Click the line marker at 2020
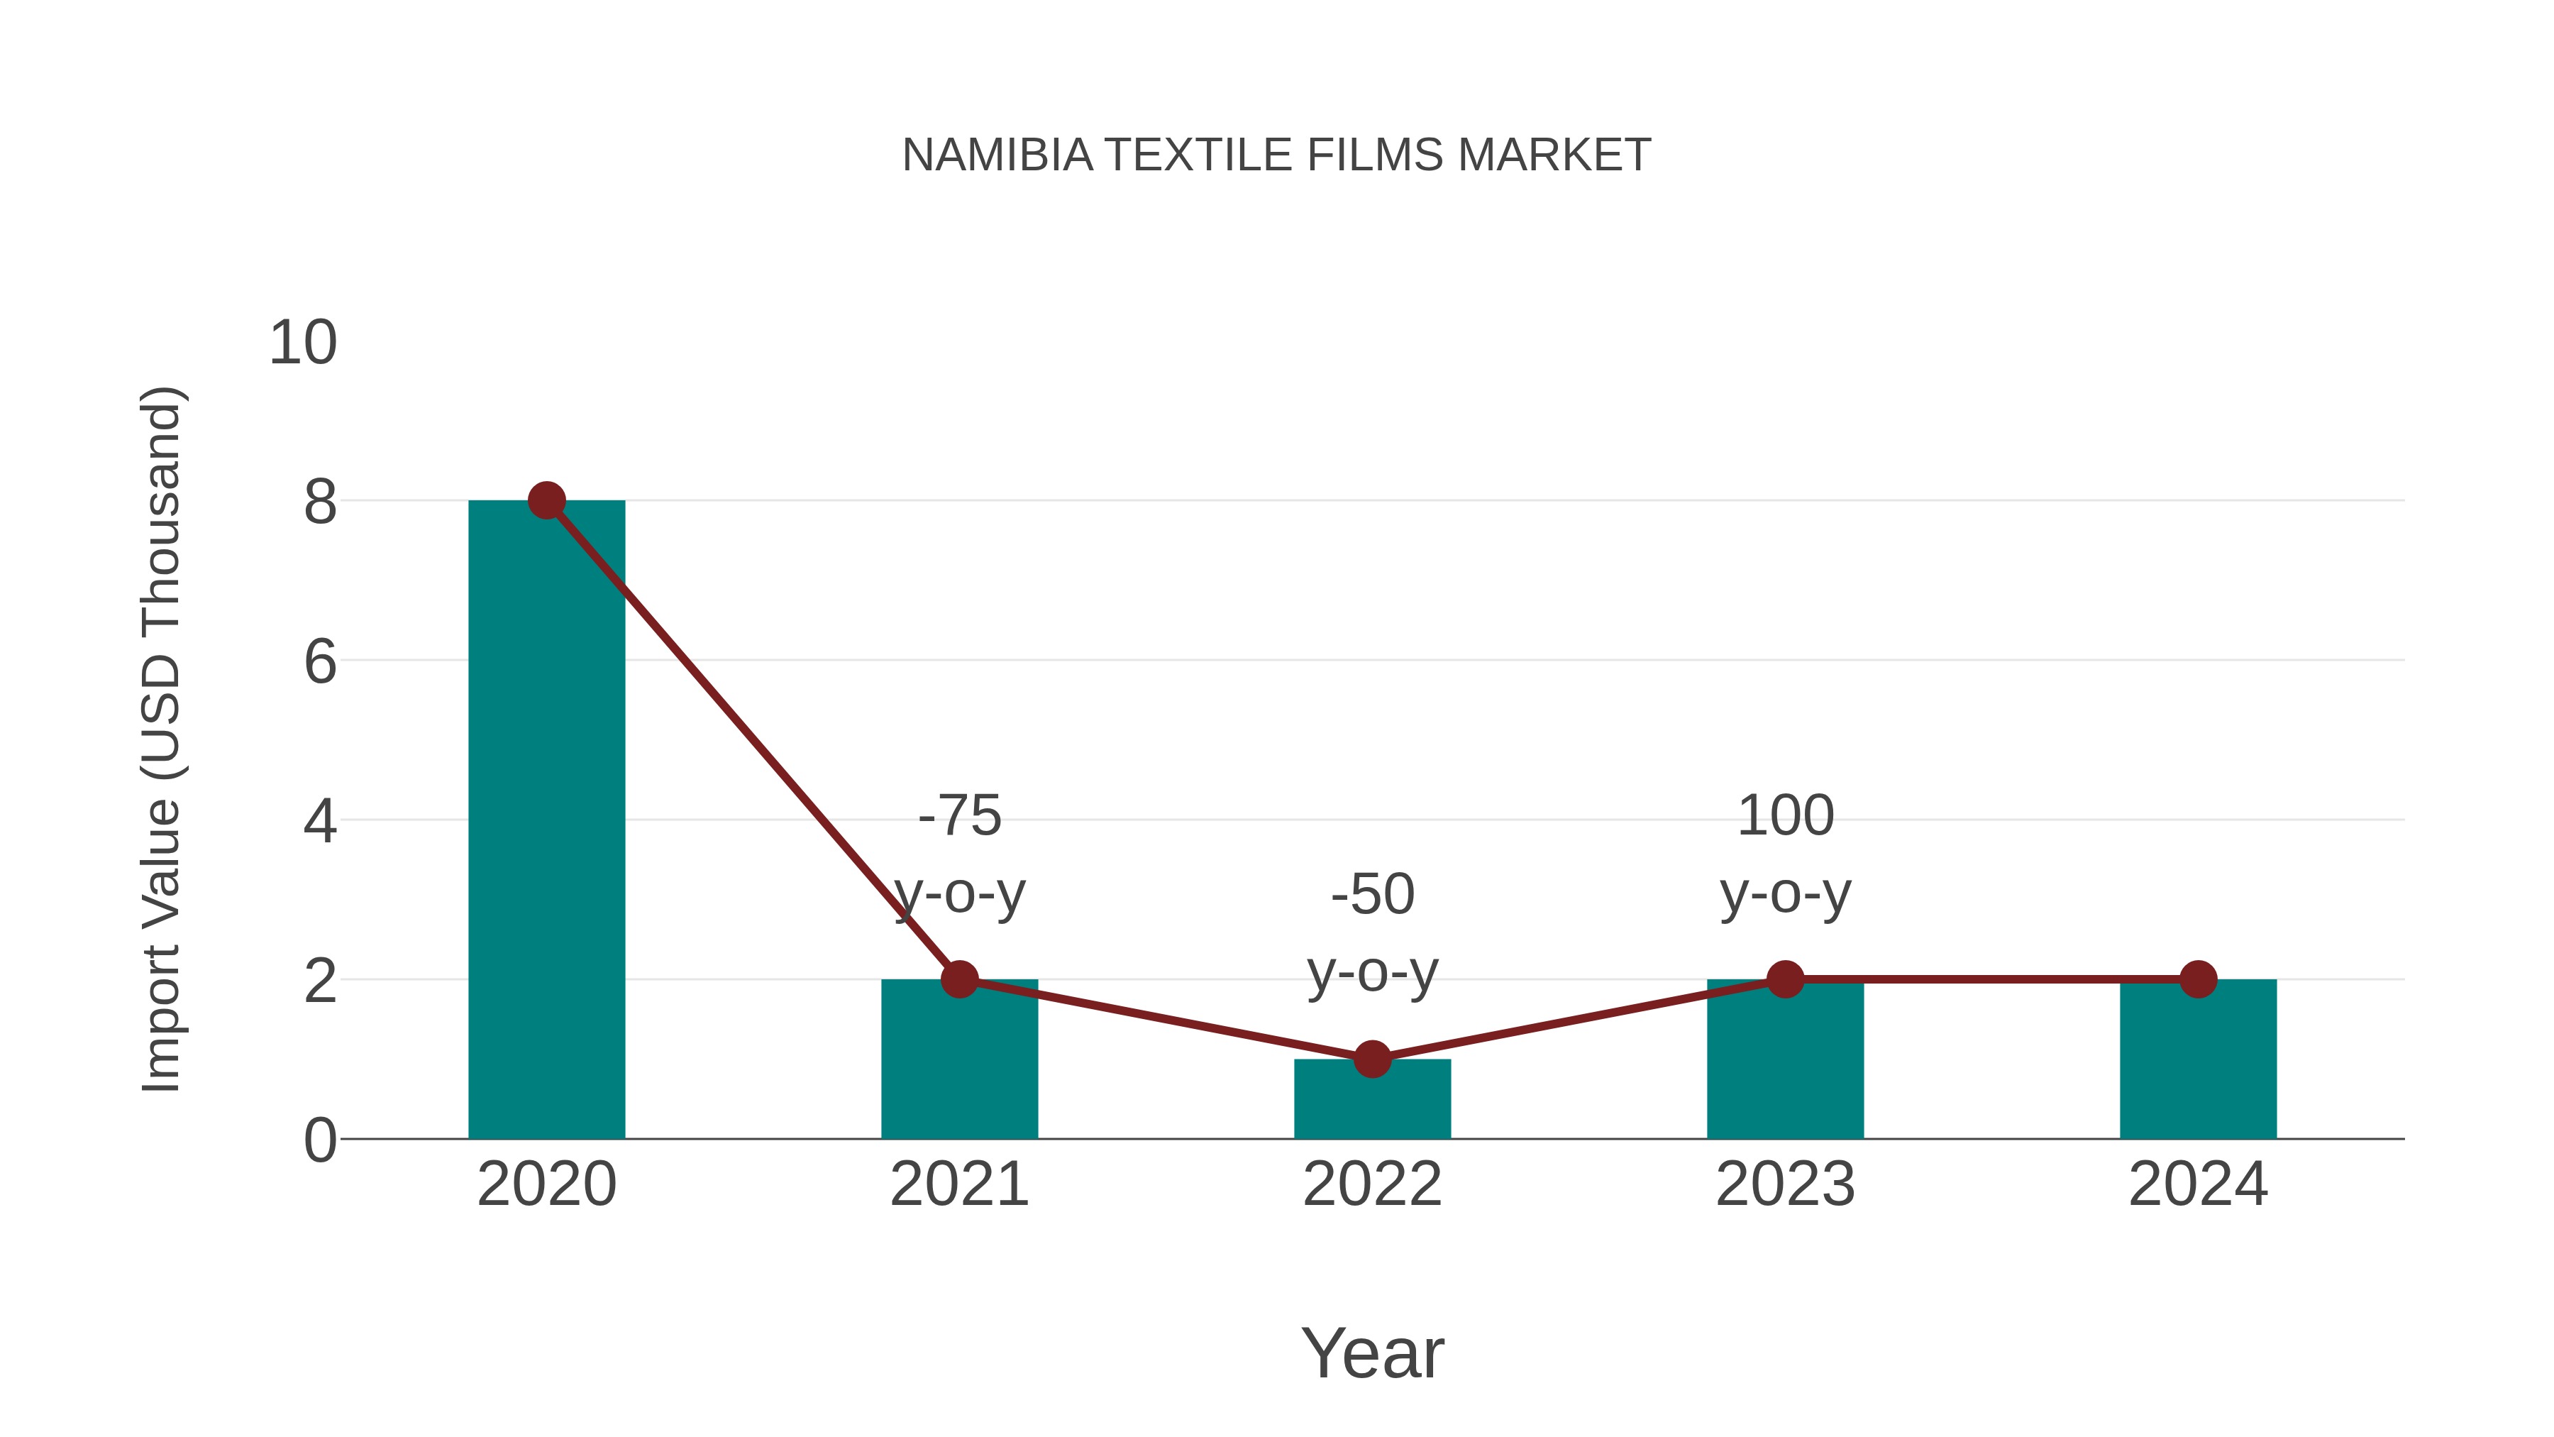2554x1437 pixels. pos(546,501)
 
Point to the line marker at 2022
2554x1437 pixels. pos(1371,1059)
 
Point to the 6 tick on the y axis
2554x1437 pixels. pos(319,661)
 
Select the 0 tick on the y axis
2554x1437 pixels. pos(319,1140)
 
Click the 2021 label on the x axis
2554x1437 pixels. pos(958,1184)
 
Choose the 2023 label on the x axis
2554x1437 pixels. pos(1785,1184)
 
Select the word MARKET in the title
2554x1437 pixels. pos(1554,155)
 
